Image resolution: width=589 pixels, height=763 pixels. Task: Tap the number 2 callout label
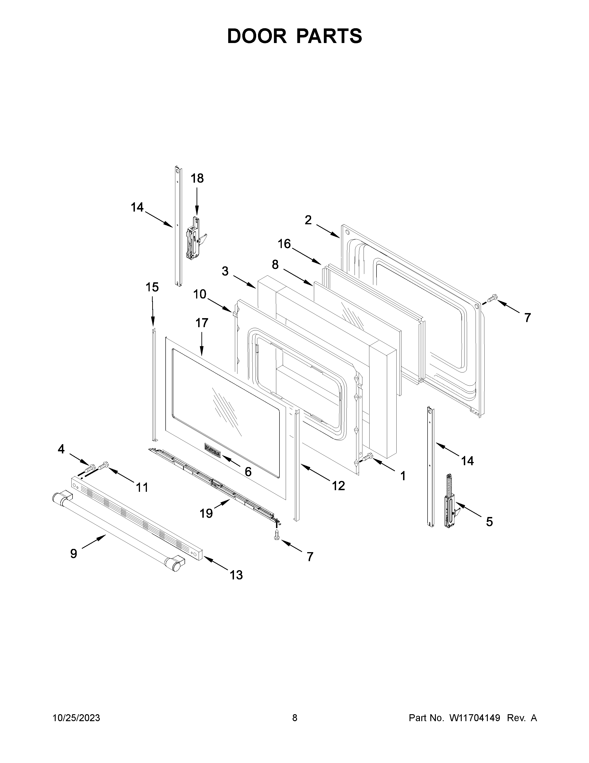pyautogui.click(x=308, y=220)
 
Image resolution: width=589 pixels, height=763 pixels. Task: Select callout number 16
pyautogui.click(x=284, y=244)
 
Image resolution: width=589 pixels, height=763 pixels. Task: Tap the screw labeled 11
pyautogui.click(x=104, y=466)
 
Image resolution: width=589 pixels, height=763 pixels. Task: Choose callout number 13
pyautogui.click(x=236, y=575)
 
